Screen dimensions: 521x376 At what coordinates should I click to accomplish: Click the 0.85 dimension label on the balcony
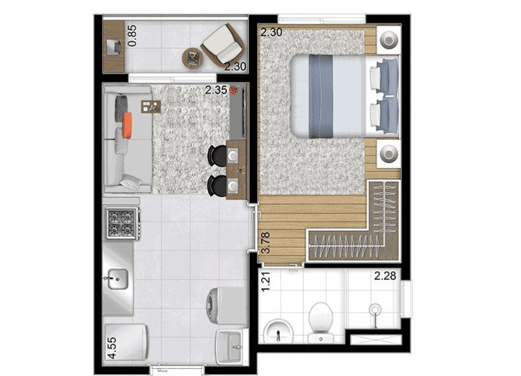pyautogui.click(x=132, y=36)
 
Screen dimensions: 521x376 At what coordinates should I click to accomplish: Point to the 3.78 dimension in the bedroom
pyautogui.click(x=266, y=243)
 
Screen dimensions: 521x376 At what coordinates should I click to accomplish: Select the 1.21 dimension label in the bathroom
pyautogui.click(x=266, y=282)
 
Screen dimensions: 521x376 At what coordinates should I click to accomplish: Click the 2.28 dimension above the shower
pyautogui.click(x=385, y=276)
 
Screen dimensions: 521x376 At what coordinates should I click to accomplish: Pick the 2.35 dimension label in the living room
pyautogui.click(x=216, y=90)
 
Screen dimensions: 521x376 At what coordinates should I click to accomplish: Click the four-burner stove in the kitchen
pyautogui.click(x=122, y=223)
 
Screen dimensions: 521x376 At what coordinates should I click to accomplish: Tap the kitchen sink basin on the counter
pyautogui.click(x=117, y=279)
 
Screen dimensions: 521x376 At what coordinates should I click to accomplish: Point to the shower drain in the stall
pyautogui.click(x=375, y=310)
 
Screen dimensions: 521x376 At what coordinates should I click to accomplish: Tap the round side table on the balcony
pyautogui.click(x=193, y=58)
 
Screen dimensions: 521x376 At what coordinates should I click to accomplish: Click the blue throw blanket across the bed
pyautogui.click(x=321, y=96)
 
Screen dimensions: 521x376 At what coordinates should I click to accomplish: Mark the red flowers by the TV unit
pyautogui.click(x=234, y=90)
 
